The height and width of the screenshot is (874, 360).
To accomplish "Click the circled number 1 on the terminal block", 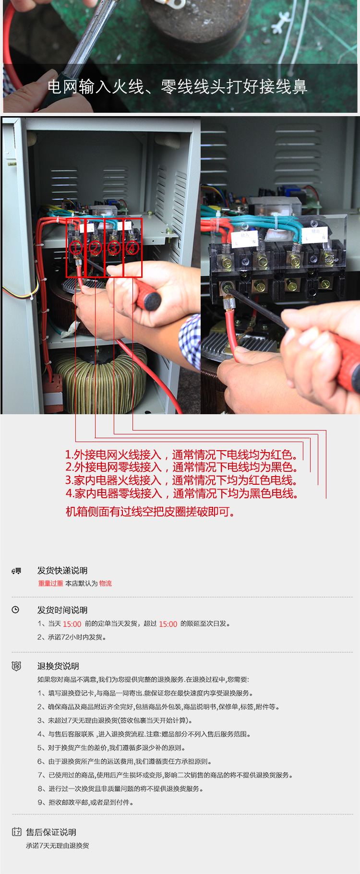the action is point(76,248).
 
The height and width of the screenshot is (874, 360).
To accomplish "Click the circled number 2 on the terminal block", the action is point(95,248).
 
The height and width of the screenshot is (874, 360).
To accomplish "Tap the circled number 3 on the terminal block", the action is point(114,248).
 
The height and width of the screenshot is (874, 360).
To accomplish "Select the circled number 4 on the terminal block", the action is point(132,248).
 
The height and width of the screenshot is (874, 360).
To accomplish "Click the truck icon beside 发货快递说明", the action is point(16,571).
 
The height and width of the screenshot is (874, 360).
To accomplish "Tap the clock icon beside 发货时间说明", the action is point(15,610).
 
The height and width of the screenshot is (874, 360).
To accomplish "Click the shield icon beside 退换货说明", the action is point(16,666).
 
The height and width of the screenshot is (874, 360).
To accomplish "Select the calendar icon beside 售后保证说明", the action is point(17,832).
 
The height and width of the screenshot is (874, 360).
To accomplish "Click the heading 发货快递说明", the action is point(62,571).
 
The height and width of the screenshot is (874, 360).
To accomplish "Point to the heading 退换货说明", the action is point(58,666).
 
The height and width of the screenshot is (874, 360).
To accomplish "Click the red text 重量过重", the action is point(51,583).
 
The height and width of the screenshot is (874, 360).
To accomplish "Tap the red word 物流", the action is point(106,583).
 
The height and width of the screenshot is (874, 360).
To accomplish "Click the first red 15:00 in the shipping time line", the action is point(72,624).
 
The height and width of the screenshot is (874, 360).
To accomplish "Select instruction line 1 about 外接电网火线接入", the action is point(181,455).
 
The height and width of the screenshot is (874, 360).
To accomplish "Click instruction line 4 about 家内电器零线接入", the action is point(182,493).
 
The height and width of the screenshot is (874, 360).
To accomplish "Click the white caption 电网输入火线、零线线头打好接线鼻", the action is point(177,87).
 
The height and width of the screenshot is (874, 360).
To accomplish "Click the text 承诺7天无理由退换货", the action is point(58,846).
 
